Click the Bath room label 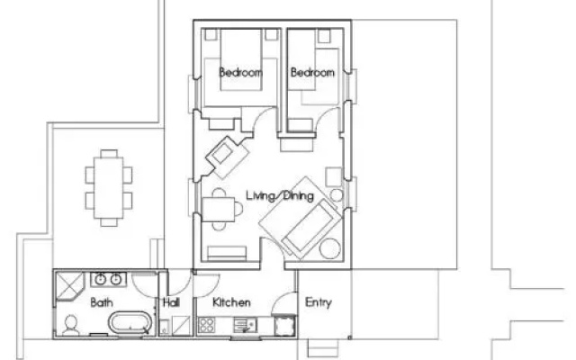point(102,302)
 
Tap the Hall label point(171,302)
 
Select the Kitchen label point(232,302)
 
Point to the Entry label point(318,302)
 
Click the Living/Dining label point(280,195)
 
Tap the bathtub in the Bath point(130,322)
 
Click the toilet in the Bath point(70,326)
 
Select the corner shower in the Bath point(69,285)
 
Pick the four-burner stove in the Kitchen point(206,326)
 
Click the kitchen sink point(245,326)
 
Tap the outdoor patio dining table point(108,188)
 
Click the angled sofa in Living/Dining point(310,229)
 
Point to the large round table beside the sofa point(330,248)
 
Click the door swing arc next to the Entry point(282,301)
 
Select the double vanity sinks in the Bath point(108,280)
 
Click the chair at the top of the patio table point(109,154)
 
